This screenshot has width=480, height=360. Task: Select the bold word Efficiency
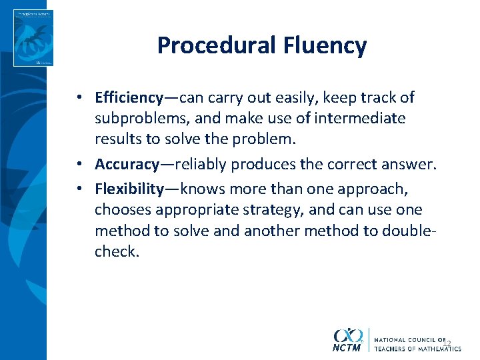point(129,98)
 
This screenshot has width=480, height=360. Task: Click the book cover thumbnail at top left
point(33,37)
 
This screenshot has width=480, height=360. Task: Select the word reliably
point(201,164)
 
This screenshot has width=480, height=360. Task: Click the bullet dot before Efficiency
point(79,98)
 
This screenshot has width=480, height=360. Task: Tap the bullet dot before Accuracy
point(79,164)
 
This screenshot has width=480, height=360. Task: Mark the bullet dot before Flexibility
point(79,189)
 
